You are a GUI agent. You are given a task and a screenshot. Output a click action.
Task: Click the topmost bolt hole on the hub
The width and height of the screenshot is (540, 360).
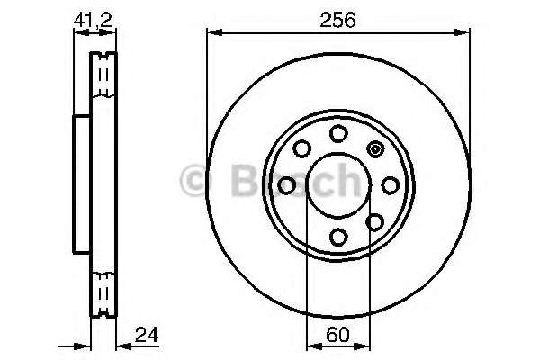point(338,134)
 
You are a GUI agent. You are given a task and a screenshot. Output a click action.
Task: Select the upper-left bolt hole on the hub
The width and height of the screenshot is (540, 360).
point(302,148)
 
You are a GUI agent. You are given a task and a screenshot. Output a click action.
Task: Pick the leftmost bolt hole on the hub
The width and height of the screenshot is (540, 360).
point(287,185)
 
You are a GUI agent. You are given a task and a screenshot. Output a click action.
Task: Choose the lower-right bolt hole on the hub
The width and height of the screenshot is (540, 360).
point(374,221)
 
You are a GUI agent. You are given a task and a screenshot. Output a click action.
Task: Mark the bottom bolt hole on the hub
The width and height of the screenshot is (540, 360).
point(338,237)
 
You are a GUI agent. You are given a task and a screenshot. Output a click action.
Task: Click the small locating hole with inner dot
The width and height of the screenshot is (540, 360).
point(375,149)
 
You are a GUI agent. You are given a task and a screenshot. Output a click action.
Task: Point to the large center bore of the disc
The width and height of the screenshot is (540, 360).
point(338,185)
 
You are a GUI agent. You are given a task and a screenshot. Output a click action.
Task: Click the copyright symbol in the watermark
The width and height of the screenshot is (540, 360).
point(196,180)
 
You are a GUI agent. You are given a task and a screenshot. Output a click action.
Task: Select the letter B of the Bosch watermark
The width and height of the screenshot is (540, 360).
point(238,180)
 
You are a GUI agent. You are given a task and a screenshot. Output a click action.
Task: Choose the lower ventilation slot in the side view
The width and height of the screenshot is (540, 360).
point(105,292)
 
